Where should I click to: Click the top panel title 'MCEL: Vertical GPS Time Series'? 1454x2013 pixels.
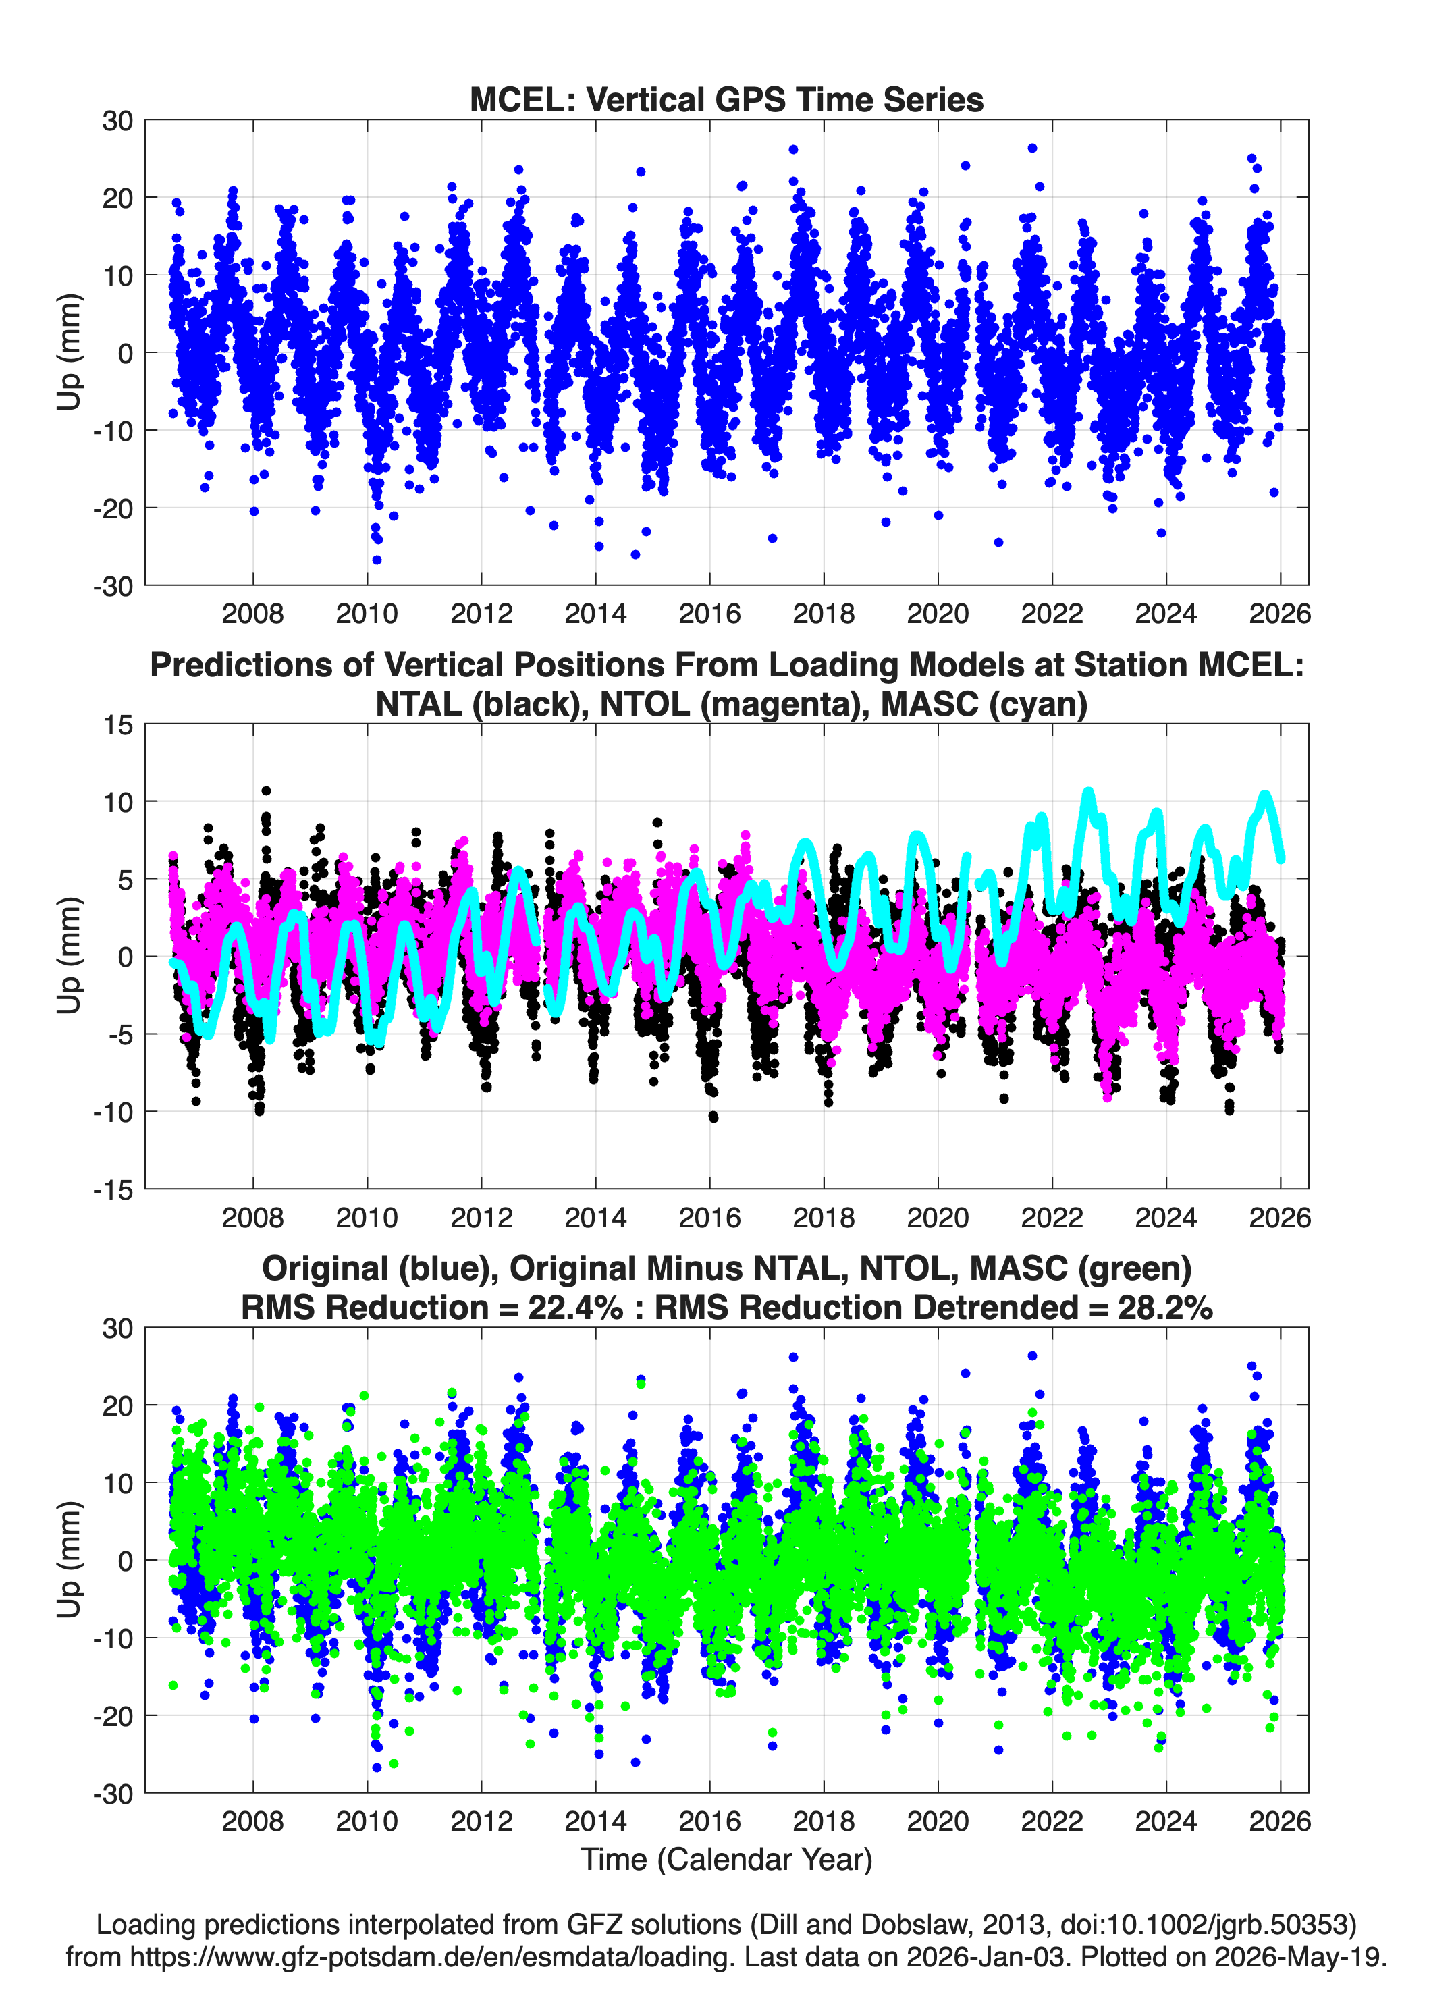point(726,99)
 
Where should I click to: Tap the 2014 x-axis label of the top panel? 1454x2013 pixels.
point(595,614)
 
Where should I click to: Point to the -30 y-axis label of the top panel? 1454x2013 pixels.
point(113,587)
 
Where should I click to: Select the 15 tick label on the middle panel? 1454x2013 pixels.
point(118,725)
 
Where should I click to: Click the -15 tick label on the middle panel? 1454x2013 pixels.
point(113,1190)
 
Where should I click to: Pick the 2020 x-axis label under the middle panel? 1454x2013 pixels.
point(938,1217)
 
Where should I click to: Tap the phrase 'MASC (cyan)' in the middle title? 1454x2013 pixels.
point(984,704)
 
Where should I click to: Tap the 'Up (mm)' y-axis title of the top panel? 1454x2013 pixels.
point(70,352)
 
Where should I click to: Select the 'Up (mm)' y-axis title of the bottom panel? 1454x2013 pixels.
point(70,1559)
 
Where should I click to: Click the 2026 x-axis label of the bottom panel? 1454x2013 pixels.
point(1280,1821)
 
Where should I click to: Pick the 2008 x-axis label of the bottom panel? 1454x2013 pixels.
point(253,1821)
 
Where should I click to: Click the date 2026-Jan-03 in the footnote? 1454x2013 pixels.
point(986,1956)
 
